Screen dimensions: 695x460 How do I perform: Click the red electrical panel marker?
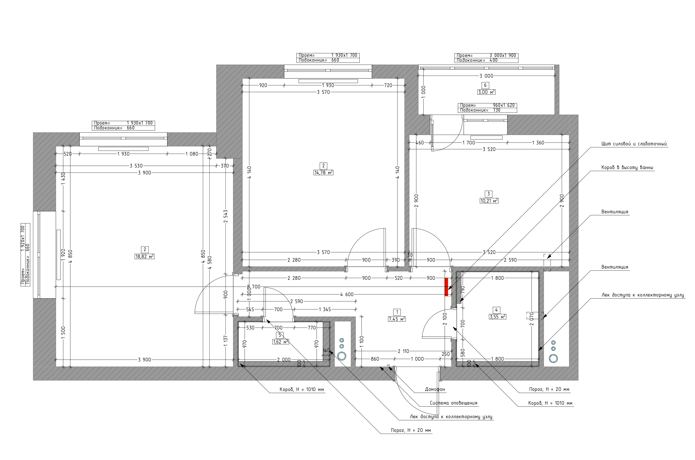tap(446, 287)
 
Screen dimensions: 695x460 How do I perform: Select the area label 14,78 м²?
tap(324, 173)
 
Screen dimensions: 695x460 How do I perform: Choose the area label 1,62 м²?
tap(281, 342)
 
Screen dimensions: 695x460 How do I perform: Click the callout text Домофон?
tap(435, 390)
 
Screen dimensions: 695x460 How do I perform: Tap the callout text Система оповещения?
tap(454, 403)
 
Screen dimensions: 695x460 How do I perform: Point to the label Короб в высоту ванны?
tap(626, 168)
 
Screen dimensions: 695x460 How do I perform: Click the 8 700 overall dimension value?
tap(254, 287)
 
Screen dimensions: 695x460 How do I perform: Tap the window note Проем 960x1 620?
tap(487, 105)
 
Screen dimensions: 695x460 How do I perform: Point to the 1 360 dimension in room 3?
tap(538, 143)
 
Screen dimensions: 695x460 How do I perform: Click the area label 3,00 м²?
tap(486, 92)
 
